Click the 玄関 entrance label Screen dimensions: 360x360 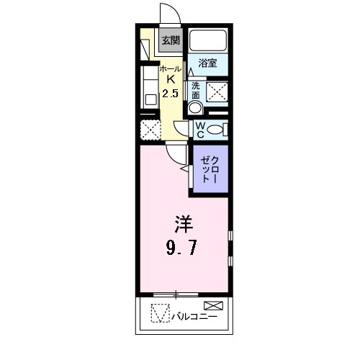170,41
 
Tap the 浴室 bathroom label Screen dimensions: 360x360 208,63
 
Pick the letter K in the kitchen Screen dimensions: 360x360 171,79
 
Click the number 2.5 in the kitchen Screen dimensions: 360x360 171,94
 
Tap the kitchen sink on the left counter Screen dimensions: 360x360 149,96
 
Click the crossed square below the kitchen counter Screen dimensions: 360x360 150,130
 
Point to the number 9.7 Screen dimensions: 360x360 183,248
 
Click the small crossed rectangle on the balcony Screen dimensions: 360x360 217,305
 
